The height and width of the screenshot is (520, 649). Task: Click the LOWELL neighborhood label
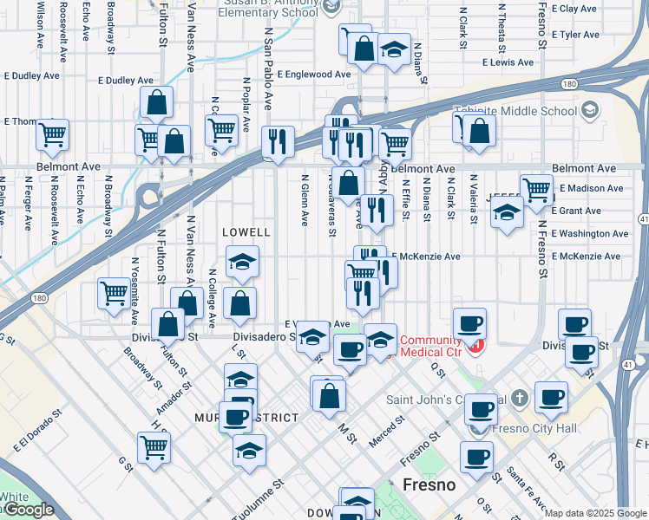pos(246,233)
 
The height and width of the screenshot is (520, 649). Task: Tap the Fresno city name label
pos(429,484)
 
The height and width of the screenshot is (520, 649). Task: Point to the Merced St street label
pos(387,430)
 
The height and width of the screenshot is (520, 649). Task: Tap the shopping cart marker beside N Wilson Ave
pos(53,134)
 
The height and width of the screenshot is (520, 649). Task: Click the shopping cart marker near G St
pos(154,447)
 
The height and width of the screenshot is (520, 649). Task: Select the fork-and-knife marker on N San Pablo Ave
pos(278,141)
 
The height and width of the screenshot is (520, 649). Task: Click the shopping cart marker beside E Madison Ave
pos(537,187)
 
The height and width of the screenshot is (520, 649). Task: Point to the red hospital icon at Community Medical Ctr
pos(475,347)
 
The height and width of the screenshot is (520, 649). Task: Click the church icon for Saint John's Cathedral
pos(519,398)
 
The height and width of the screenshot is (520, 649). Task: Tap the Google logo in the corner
pos(28,510)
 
